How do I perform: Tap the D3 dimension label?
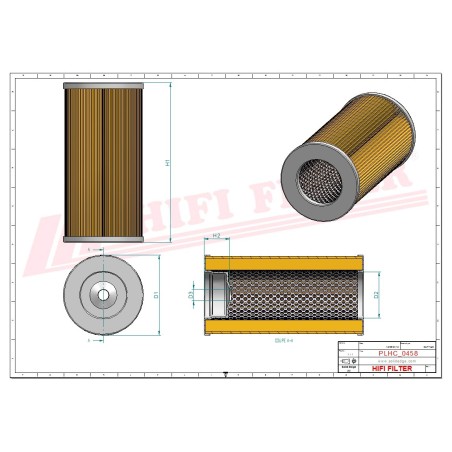(x=193, y=295)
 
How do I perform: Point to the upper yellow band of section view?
(x=290, y=263)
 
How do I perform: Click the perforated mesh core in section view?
(x=290, y=296)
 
